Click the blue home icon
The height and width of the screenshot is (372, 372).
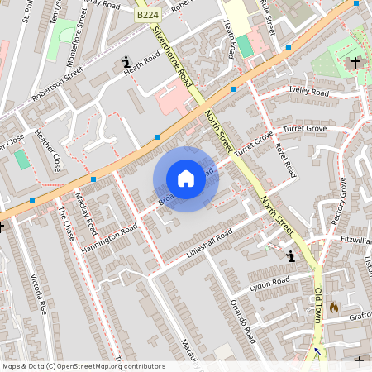tap(185, 179)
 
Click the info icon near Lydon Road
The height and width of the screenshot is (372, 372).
tap(290, 257)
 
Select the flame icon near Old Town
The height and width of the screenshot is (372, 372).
tap(334, 307)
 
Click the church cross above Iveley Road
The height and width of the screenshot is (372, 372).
tap(355, 62)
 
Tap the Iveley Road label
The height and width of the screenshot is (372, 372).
tap(308, 92)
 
